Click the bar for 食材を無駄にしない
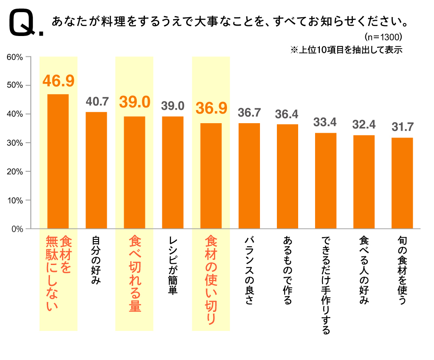click(58, 161)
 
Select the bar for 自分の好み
click(96, 170)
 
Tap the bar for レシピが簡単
click(173, 172)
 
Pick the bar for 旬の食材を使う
click(402, 183)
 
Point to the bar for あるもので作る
click(287, 176)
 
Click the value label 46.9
click(58, 81)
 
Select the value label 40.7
click(96, 102)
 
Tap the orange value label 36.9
click(211, 108)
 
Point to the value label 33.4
click(325, 122)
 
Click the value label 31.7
click(402, 127)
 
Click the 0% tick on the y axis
click(17, 229)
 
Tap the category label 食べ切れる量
click(135, 274)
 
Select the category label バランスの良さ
click(249, 271)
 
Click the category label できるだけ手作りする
click(325, 285)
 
